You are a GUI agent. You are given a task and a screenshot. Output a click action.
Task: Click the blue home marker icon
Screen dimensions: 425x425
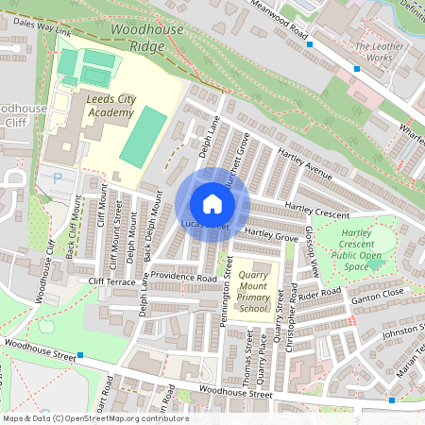click(212, 203)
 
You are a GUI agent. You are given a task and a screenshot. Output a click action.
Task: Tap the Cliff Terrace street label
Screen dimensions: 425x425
click(113, 281)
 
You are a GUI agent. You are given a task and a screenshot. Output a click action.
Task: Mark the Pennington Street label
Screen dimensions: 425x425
click(227, 301)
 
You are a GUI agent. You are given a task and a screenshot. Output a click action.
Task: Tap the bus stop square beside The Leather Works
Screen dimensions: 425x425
click(357, 69)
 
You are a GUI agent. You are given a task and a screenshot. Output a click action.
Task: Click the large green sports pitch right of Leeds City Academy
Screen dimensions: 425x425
click(144, 137)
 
